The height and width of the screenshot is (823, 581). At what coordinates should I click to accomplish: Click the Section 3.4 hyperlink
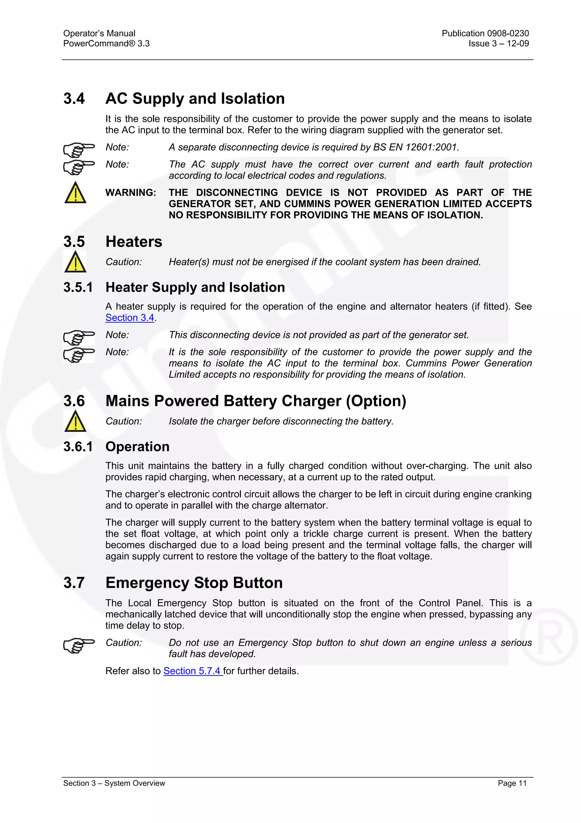coord(130,318)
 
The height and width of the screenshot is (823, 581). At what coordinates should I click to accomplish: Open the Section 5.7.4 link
coord(193,671)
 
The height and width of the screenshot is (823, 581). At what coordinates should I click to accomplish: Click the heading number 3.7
coord(74,583)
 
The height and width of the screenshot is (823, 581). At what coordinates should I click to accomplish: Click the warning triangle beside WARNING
coord(75,193)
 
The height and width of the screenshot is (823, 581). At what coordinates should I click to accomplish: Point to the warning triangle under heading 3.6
coord(75,421)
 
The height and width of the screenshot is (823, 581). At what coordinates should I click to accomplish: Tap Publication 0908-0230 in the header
coord(485,33)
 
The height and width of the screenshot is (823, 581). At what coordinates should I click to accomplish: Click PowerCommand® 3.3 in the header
coord(106,43)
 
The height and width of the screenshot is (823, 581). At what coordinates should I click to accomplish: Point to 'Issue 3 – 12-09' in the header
coord(498,43)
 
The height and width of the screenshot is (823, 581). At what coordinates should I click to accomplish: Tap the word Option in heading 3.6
coord(376,401)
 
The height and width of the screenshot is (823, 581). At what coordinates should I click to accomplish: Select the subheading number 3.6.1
coord(78,447)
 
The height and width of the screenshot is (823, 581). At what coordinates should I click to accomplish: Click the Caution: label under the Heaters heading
coord(123,262)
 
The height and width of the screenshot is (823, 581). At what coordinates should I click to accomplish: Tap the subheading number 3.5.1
coord(78,287)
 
